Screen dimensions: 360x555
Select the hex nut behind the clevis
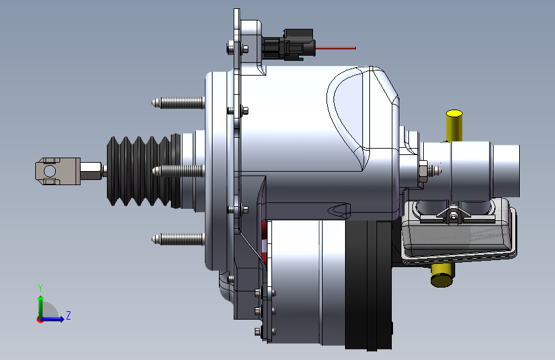92,170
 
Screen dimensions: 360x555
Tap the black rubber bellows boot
141,171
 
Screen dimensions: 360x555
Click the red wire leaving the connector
336,48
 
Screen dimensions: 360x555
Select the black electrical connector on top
291,44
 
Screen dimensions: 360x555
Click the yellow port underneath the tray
442,275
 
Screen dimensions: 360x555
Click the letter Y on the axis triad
40,288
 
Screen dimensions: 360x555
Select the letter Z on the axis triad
68,315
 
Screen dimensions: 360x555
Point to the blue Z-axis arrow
55,318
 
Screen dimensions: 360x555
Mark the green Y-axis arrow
40,304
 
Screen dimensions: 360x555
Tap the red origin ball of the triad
40,319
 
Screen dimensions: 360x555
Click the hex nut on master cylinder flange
423,170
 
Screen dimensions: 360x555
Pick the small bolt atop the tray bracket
453,216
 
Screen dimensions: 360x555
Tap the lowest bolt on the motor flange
259,331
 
